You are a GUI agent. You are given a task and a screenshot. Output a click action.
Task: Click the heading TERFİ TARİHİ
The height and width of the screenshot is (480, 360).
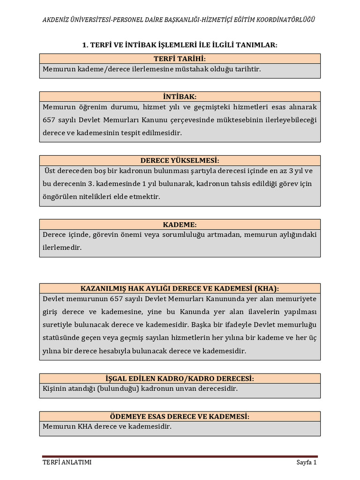click(180, 59)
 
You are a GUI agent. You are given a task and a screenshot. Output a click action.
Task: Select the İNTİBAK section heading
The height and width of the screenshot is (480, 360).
click(180, 97)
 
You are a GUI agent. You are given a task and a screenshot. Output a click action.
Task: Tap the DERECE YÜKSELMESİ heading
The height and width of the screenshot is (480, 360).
click(180, 160)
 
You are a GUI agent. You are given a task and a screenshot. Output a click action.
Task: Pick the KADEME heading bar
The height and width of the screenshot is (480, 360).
click(180, 225)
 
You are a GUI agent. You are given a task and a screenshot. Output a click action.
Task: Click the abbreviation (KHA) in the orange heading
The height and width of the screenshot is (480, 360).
click(266, 288)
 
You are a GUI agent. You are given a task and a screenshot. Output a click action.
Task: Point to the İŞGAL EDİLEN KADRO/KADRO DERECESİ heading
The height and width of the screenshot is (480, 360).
click(180, 378)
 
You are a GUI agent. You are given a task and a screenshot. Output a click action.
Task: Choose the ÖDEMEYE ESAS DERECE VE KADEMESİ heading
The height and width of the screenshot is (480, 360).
click(180, 416)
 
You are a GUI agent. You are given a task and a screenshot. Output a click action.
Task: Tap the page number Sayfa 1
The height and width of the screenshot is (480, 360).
click(307, 462)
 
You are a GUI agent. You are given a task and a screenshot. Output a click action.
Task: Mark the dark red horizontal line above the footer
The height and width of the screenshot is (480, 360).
click(180, 456)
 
